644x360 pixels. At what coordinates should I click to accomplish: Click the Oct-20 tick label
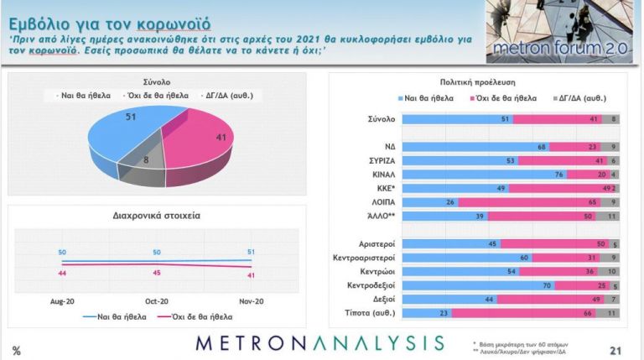[x=157, y=300]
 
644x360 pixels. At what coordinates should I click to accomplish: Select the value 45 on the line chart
[x=157, y=272]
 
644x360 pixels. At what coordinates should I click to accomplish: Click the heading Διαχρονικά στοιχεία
[x=156, y=216]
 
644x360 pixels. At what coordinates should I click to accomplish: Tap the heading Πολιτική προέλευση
[x=475, y=83]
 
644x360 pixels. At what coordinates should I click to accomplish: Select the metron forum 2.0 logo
[x=561, y=34]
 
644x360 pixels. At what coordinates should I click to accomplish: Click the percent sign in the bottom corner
[x=17, y=350]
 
